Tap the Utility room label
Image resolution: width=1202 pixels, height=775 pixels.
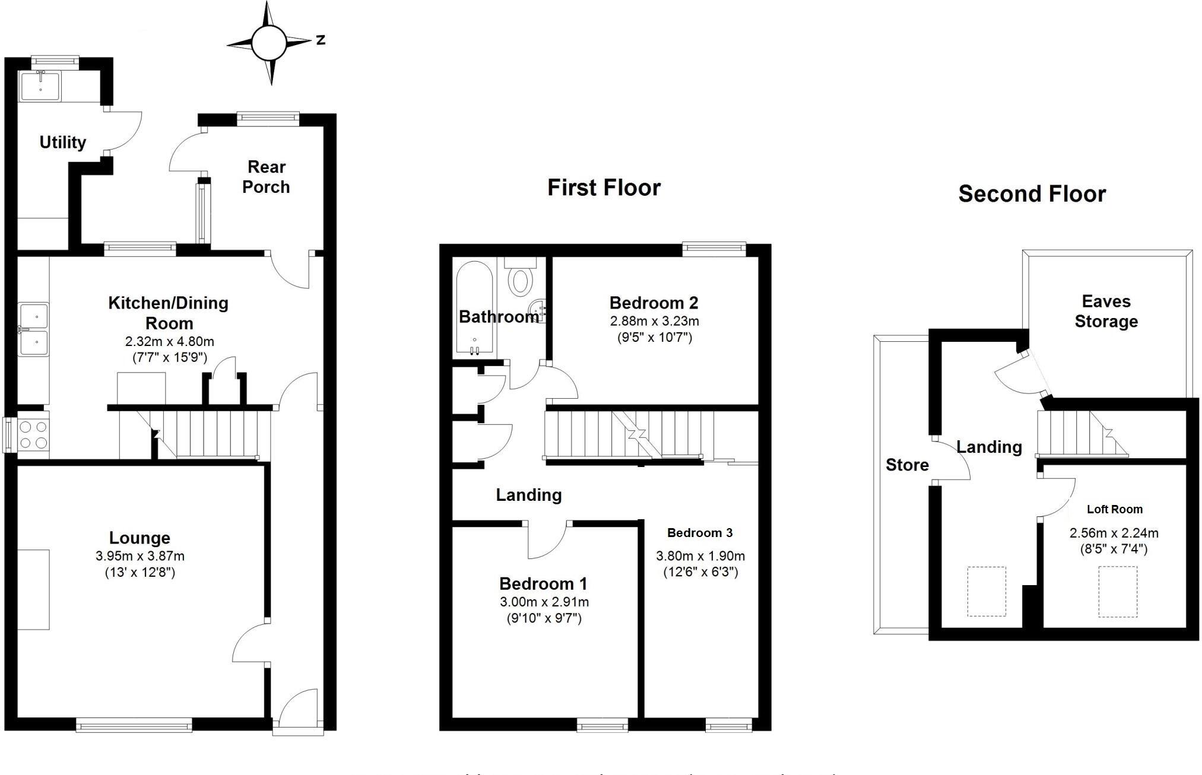[62, 142]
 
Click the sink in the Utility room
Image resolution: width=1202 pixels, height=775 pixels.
[40, 86]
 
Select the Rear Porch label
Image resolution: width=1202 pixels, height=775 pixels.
[266, 177]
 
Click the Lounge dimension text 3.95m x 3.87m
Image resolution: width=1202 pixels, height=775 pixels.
[139, 556]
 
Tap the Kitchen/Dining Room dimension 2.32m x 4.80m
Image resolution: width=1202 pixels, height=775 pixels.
[169, 342]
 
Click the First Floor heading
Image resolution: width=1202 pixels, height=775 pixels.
[604, 188]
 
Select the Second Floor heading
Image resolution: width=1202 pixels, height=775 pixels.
[1032, 194]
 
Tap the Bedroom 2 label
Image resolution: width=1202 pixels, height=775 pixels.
[654, 303]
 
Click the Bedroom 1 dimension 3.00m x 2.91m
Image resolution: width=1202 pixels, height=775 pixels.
[544, 602]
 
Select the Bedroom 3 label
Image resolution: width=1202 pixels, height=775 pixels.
[700, 533]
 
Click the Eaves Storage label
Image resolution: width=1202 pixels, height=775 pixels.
[1106, 312]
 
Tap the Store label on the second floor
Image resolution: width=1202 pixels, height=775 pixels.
[906, 465]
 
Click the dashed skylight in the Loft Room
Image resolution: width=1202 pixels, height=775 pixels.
[1117, 592]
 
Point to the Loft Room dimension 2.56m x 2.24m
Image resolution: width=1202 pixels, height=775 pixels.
[1114, 533]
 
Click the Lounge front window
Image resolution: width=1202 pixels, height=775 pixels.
[134, 725]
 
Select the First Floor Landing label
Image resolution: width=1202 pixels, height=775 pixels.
[528, 495]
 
